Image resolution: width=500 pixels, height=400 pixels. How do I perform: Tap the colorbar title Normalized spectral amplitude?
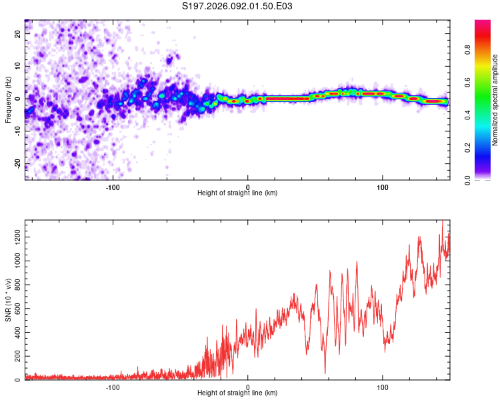click(x=495, y=100)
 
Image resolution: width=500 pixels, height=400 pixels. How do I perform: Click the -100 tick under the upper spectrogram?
click(x=113, y=186)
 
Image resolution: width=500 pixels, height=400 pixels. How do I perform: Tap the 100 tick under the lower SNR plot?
click(x=383, y=387)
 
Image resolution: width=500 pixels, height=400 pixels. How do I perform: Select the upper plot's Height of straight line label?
click(x=237, y=193)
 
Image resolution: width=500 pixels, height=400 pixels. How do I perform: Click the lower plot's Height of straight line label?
click(x=237, y=393)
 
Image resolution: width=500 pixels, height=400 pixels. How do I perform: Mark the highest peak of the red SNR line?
click(x=442, y=221)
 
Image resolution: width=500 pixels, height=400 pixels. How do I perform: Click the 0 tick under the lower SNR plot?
click(x=248, y=387)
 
